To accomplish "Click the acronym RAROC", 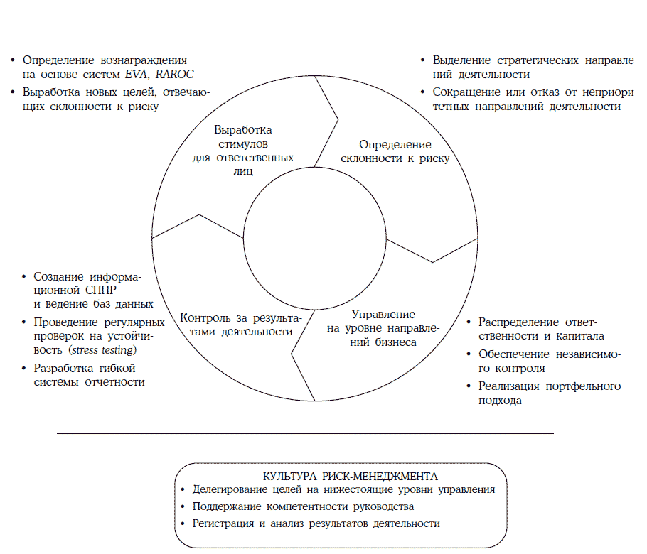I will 175,75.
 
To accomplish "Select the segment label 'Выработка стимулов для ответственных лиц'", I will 243,151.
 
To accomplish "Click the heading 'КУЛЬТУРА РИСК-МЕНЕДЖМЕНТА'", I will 340,475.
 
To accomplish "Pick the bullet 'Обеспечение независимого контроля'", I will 544,361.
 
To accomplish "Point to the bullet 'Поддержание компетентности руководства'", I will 303,506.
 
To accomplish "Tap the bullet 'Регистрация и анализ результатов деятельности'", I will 316,523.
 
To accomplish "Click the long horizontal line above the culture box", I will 304,433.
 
